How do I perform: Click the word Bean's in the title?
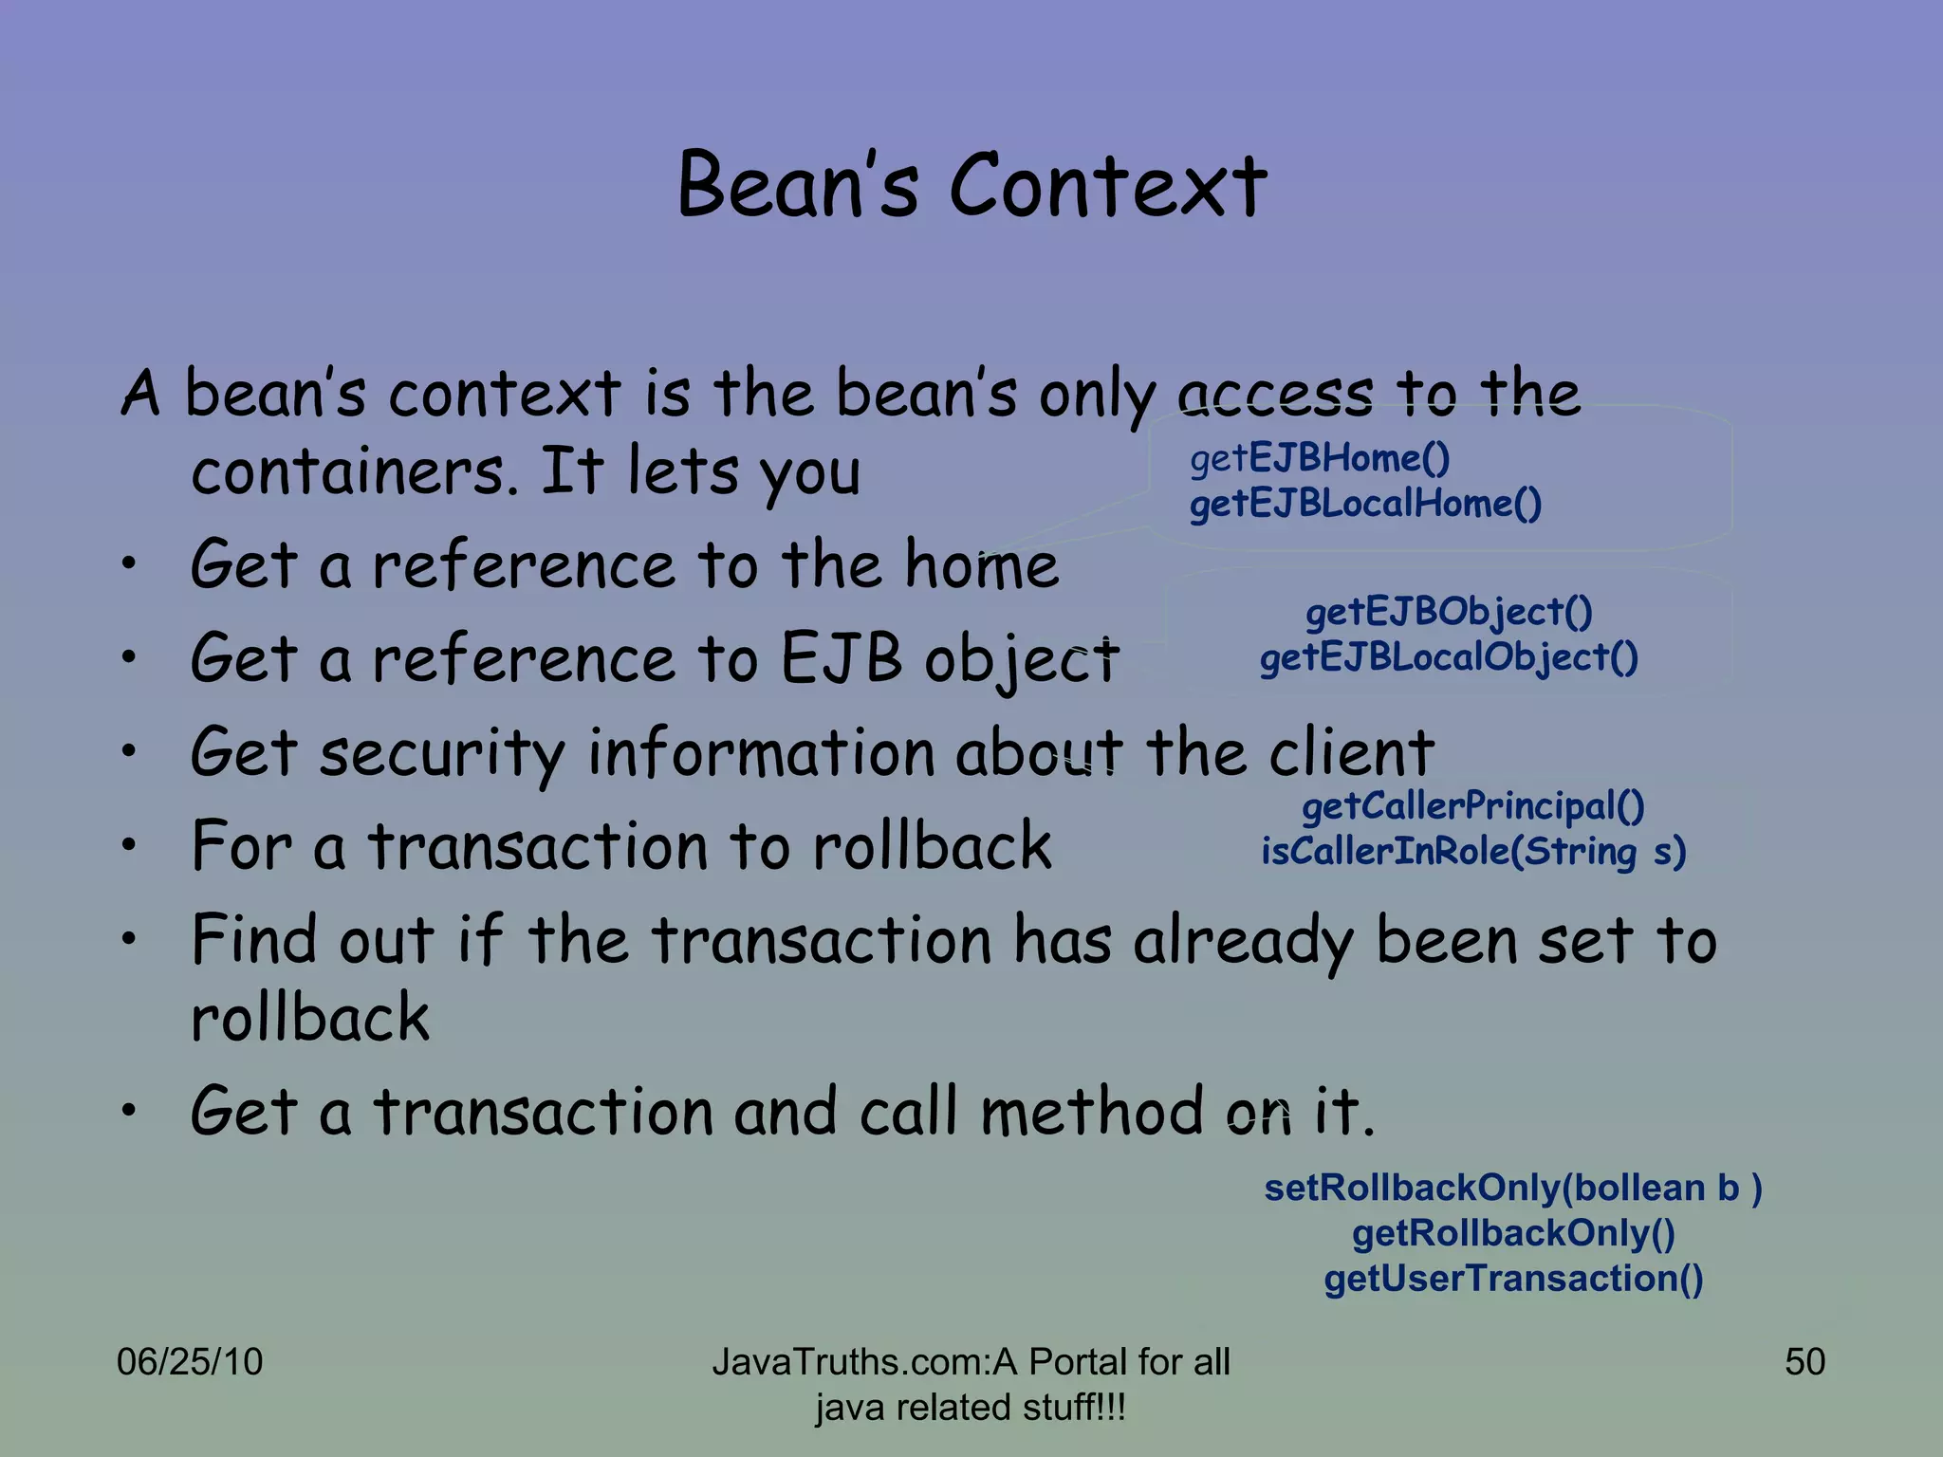pos(798,186)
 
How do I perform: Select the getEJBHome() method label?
pos(1320,458)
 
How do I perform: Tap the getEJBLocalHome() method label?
pos(1365,504)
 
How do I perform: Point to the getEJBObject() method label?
pos(1449,612)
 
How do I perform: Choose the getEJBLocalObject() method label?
pos(1449,657)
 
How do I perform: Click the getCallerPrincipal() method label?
pos(1472,806)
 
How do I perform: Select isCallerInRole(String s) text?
pos(1472,852)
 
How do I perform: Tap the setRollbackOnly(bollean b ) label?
pos(1513,1188)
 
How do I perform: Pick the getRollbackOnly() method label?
pos(1513,1233)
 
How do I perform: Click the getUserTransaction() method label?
pos(1513,1279)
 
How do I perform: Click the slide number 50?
pos(1804,1362)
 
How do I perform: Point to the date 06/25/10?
pos(189,1362)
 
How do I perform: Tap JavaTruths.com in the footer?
pos(849,1362)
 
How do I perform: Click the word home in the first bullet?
pos(981,565)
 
